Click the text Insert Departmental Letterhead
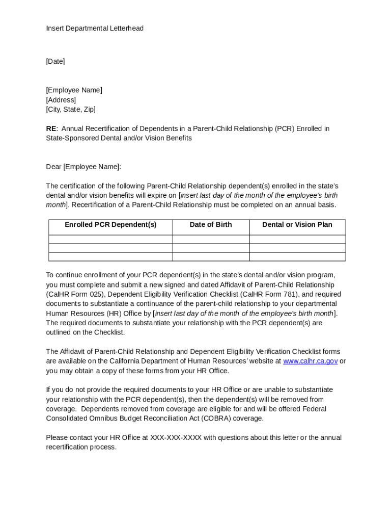coord(95,29)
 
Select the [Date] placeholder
coord(55,62)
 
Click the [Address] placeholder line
coord(61,100)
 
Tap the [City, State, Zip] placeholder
coord(71,110)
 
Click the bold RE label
coord(51,129)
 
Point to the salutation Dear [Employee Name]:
coord(83,167)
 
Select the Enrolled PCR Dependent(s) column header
coord(110,225)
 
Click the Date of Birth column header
coord(210,225)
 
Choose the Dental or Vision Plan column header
coord(297,225)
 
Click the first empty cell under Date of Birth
coord(210,240)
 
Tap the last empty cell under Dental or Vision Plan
coord(297,257)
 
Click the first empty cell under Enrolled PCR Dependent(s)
coord(110,240)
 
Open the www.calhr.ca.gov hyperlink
coord(310,361)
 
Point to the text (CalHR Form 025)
coord(76,295)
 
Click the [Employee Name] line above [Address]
coord(74,90)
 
